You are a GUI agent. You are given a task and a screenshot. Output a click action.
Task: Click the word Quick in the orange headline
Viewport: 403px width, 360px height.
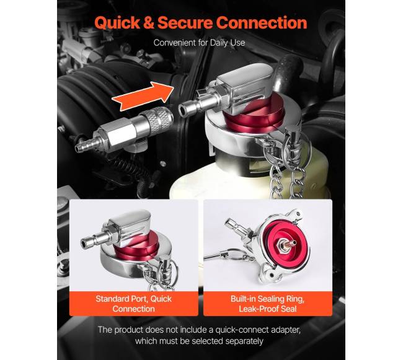point(117,22)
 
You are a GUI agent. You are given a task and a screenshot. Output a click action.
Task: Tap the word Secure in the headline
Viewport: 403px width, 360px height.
point(185,22)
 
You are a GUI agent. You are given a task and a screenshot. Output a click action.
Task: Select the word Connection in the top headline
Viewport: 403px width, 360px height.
point(262,22)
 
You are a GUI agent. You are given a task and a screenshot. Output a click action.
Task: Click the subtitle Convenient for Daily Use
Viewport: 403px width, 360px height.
point(199,43)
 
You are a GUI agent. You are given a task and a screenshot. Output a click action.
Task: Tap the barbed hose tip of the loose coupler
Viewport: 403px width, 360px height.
point(84,146)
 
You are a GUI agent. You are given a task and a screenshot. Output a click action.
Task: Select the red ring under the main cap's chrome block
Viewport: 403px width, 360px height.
point(254,115)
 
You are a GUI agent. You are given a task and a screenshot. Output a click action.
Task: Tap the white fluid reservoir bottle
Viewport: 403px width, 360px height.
point(247,177)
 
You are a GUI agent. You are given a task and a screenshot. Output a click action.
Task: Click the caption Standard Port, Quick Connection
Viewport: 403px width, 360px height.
point(134,304)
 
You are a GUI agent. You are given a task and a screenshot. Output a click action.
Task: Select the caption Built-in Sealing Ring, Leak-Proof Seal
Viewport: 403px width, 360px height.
point(268,304)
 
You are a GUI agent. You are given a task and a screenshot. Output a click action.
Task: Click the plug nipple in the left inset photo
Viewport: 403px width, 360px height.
point(93,240)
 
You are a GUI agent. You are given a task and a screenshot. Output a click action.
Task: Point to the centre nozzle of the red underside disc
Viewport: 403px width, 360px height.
point(287,242)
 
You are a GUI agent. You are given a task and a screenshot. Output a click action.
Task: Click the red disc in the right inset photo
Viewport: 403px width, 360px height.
point(285,244)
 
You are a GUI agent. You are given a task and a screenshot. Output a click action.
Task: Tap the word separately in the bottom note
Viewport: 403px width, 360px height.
point(244,341)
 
